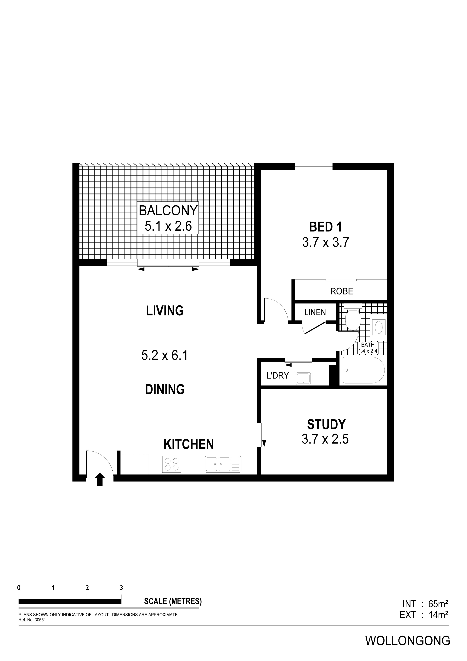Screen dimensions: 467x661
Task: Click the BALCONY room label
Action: click(x=168, y=210)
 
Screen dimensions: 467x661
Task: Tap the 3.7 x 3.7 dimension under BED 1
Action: click(x=325, y=242)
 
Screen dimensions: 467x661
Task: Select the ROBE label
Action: click(x=342, y=291)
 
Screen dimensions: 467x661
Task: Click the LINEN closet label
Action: click(x=315, y=312)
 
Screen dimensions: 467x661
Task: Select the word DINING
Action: click(x=165, y=389)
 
